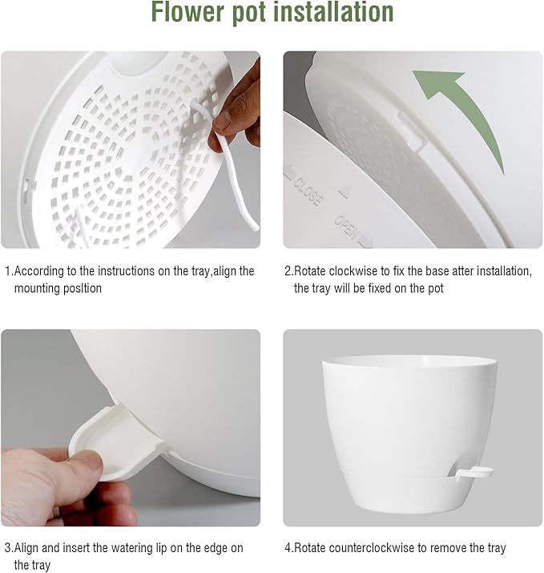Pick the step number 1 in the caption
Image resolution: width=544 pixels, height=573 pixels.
pyautogui.click(x=7, y=271)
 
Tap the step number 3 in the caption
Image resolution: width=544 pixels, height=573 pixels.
pyautogui.click(x=7, y=548)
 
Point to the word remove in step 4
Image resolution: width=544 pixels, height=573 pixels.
pyautogui.click(x=451, y=548)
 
